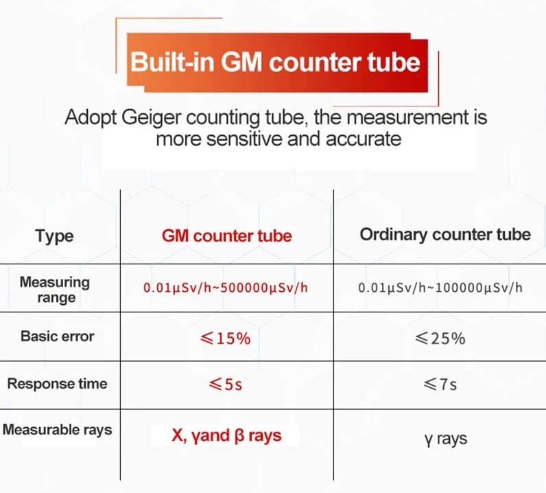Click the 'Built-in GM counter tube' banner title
click(276, 62)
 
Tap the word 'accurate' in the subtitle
click(363, 139)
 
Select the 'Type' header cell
click(54, 236)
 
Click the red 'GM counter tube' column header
click(226, 236)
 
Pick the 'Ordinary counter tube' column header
click(445, 234)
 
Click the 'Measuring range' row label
click(55, 290)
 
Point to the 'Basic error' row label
click(58, 336)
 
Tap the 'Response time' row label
click(57, 384)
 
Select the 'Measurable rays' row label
click(58, 430)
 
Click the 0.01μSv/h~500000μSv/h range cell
click(226, 288)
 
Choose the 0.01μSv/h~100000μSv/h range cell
click(440, 288)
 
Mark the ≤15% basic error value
click(225, 339)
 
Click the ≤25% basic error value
click(440, 339)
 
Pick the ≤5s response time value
click(225, 385)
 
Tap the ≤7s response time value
click(440, 385)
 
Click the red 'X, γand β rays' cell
click(226, 435)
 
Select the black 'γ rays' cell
click(446, 439)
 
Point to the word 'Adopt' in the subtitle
click(90, 117)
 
